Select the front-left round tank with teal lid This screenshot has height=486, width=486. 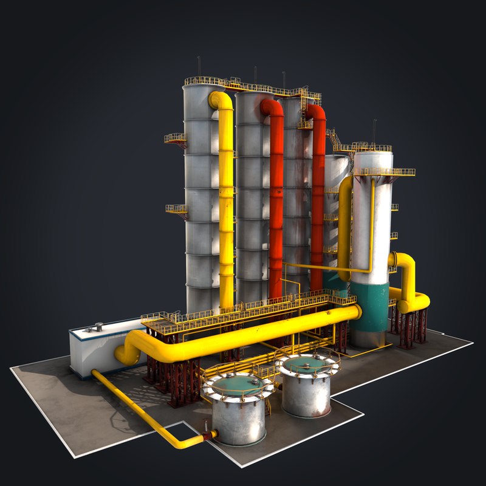click(x=239, y=408)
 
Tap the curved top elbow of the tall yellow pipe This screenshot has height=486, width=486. click(x=220, y=100)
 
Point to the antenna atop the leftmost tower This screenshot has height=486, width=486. click(x=198, y=67)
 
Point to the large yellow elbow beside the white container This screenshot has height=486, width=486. click(x=129, y=349)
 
